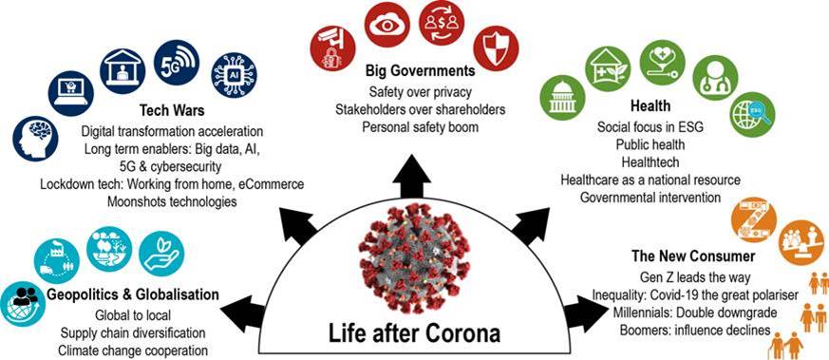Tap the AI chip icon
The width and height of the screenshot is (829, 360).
231,71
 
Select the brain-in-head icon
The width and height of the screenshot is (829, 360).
37,138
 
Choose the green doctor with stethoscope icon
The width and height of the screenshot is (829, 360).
713,78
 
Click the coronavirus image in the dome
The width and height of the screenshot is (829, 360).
410,260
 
